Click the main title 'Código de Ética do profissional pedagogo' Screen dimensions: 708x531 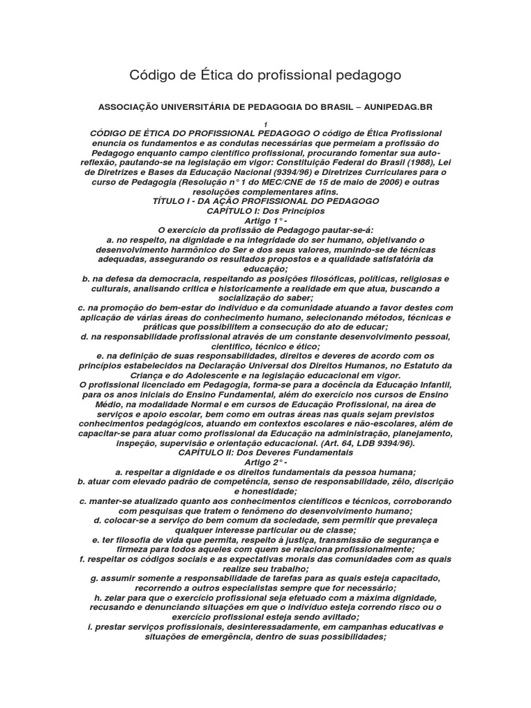pyautogui.click(x=265, y=73)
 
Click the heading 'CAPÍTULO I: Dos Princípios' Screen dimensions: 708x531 pyautogui.click(x=265, y=210)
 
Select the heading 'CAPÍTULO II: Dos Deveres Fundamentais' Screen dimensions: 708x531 pyautogui.click(x=265, y=452)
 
